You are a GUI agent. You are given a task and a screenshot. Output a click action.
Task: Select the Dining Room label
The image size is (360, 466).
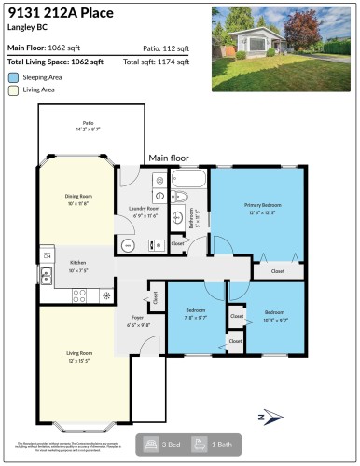(x=77, y=199)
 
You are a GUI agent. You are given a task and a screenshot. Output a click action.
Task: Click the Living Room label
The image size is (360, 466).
(x=77, y=356)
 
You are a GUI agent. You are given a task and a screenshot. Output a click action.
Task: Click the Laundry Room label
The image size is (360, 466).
(x=144, y=212)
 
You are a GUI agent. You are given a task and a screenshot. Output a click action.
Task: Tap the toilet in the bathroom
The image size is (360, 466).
(x=182, y=197)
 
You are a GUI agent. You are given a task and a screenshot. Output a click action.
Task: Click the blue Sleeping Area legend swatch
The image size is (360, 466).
(x=12, y=77)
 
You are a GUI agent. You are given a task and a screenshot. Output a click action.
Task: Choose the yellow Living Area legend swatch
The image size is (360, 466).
(x=12, y=90)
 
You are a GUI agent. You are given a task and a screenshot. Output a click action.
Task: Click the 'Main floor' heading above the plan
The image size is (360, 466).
(x=169, y=158)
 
